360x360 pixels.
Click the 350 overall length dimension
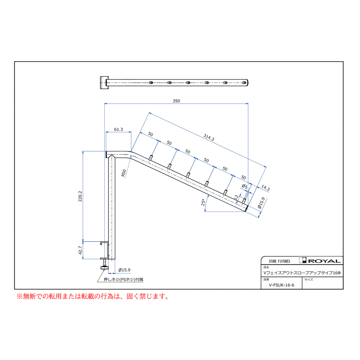tap(176, 101)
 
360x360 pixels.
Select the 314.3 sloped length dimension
tap(209, 138)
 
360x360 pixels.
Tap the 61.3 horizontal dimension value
tap(118, 130)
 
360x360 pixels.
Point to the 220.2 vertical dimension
tap(80, 196)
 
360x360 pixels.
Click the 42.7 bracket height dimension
tap(80, 250)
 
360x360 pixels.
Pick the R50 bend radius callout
tap(124, 173)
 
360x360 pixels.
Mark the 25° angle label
tap(203, 202)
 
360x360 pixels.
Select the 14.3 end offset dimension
tap(266, 188)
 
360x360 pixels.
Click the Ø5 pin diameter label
tap(245, 186)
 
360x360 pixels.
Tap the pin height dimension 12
tap(236, 197)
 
